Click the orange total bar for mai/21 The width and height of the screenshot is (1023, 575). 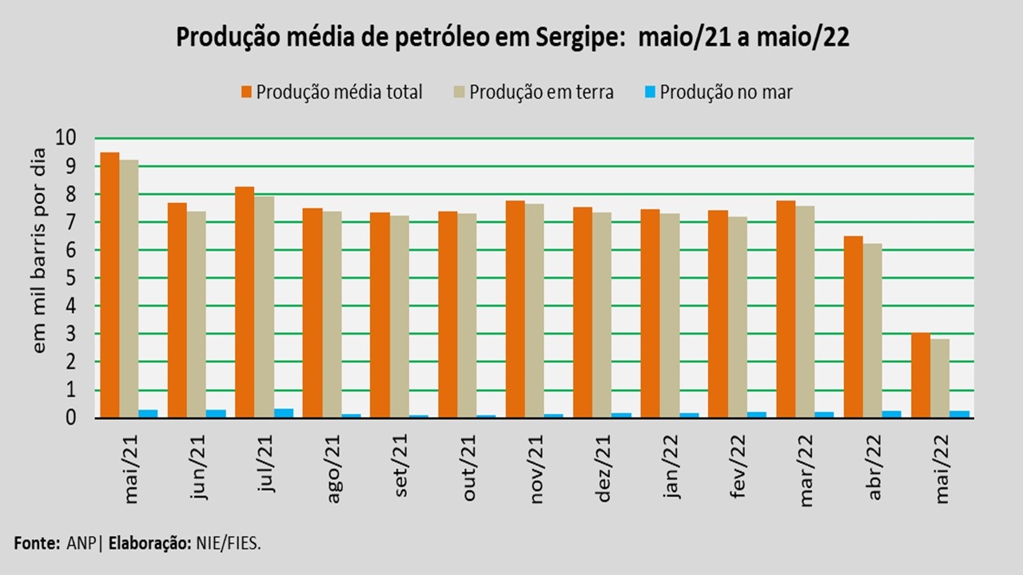(109, 284)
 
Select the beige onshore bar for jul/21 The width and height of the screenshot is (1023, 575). (264, 307)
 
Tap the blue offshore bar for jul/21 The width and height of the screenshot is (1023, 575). (284, 413)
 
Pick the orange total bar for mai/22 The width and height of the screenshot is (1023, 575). (921, 375)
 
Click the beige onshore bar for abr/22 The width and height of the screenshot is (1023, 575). (874, 330)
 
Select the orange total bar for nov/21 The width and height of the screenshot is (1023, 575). (515, 308)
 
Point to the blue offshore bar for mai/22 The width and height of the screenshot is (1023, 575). (960, 414)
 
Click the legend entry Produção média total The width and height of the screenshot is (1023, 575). (339, 92)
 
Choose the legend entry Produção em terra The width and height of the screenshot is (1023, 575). (541, 92)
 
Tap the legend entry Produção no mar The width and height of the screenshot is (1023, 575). (726, 92)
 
